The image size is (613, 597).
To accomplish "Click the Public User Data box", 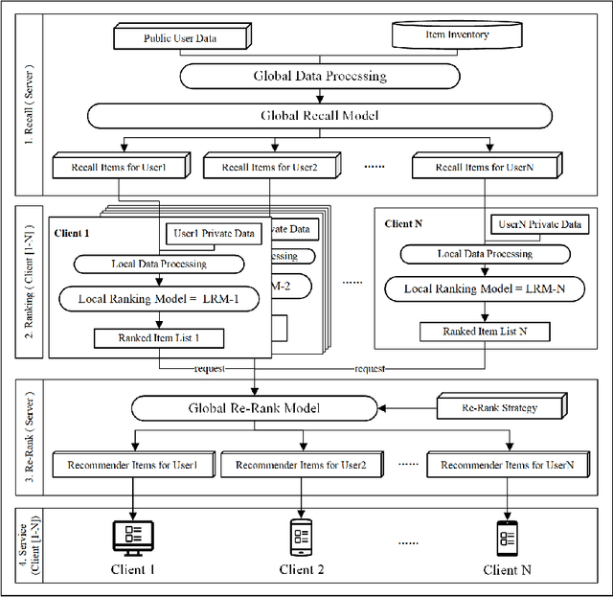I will [180, 39].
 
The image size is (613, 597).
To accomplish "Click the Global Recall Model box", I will [319, 116].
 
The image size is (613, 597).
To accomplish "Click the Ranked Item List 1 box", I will [159, 336].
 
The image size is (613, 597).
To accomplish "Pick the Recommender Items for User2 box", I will [303, 466].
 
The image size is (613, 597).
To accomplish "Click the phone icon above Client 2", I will [302, 534].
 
